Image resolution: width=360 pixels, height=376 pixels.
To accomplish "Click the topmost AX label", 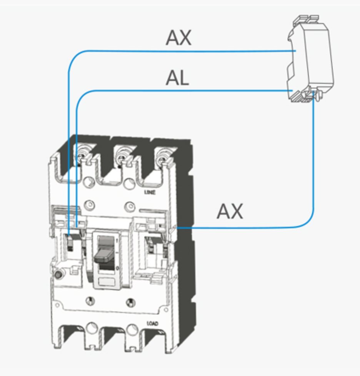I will click(178, 37).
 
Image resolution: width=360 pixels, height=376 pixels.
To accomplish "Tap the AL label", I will click(177, 78).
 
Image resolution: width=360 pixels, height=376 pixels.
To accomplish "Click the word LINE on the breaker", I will click(149, 192).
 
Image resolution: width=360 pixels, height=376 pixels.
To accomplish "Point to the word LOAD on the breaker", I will click(153, 324).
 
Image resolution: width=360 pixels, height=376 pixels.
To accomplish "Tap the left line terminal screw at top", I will click(82, 153).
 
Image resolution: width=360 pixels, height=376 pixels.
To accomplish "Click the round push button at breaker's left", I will click(59, 275).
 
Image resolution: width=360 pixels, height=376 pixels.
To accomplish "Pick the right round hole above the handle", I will click(128, 205).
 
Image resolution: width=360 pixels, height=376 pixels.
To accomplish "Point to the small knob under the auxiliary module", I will click(316, 96).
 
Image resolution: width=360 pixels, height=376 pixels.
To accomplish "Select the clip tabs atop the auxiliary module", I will click(308, 19).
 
